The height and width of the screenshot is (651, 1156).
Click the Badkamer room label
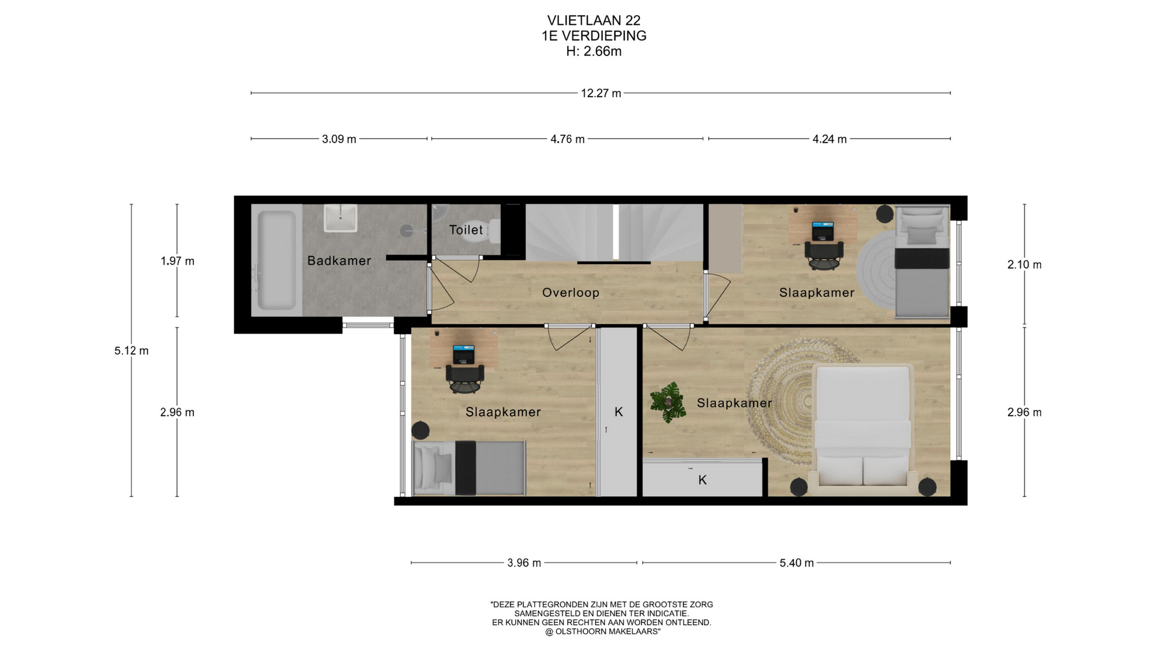coord(339,260)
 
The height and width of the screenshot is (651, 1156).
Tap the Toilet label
coord(466,230)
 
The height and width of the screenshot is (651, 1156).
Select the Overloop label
coord(571,293)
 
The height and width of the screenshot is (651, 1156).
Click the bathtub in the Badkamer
coord(276,260)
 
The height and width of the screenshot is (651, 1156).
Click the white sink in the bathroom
coord(341,218)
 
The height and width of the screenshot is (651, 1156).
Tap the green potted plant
coord(668,401)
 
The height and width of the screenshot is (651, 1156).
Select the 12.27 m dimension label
coord(601,93)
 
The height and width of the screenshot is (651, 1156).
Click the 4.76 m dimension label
coord(567,139)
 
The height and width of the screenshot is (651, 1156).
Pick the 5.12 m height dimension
coord(131,351)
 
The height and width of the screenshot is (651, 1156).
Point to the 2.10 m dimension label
coord(1024,265)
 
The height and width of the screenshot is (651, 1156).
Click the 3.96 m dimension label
coord(524,563)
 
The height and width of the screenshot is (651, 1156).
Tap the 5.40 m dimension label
coord(797,563)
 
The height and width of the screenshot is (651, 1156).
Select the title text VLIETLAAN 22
coord(594,20)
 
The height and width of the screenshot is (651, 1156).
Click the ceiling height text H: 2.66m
coord(594,51)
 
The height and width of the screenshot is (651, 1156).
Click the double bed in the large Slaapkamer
coord(862,426)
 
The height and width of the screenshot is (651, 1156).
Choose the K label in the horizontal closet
coord(702,480)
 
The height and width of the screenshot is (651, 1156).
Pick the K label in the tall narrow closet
coord(618,412)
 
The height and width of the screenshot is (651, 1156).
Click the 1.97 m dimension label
coord(177,261)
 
